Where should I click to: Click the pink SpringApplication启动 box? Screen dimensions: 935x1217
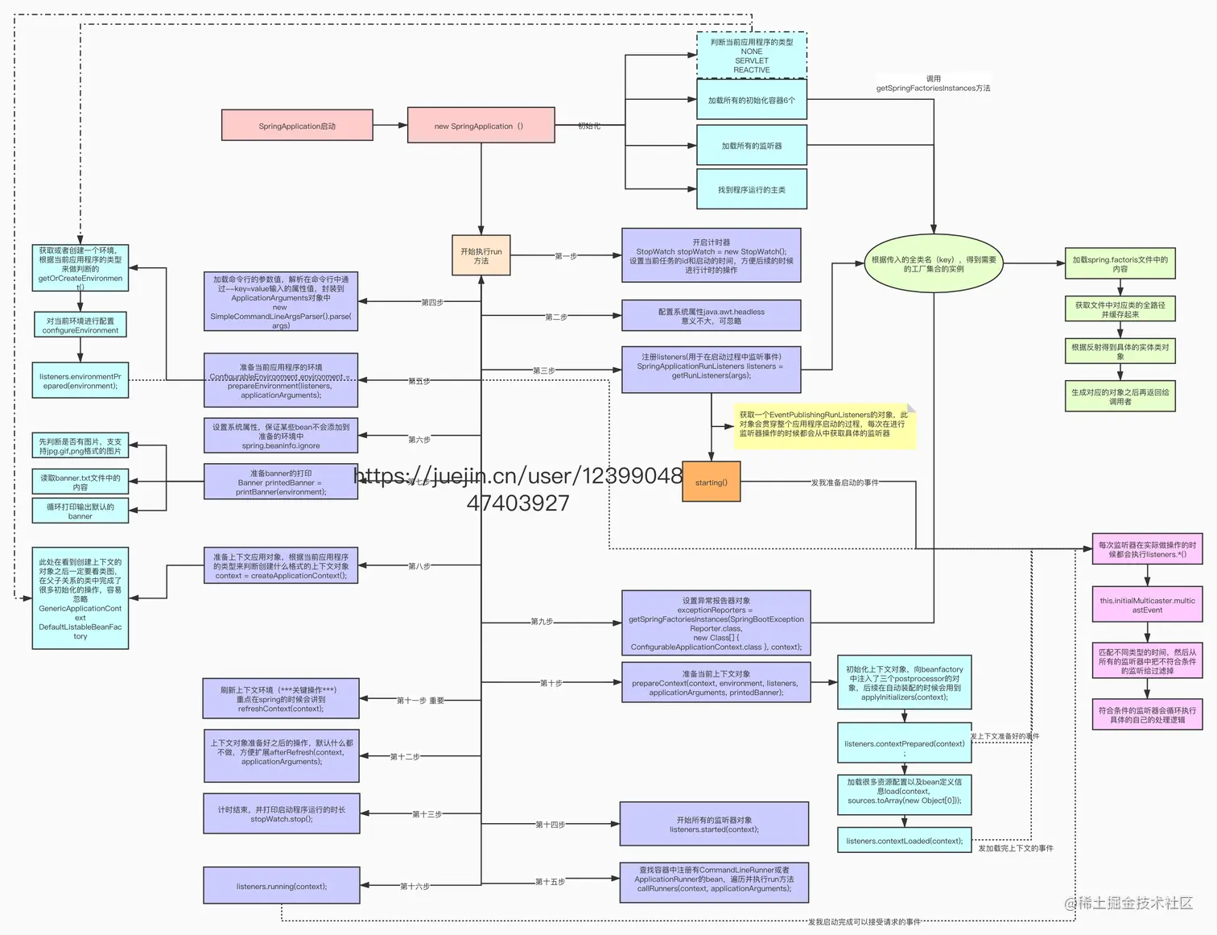pos(297,126)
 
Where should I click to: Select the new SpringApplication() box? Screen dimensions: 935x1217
pos(481,126)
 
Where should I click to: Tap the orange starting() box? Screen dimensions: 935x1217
pos(711,482)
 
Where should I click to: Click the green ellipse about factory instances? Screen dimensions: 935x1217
pos(934,264)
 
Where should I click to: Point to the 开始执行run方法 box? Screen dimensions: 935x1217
pos(481,256)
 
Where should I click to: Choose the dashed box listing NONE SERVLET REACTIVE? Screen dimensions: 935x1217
pos(751,56)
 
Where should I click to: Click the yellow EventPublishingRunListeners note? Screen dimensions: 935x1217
pos(823,424)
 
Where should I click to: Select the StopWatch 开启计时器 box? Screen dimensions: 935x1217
pos(711,256)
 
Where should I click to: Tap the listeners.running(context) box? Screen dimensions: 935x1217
pos(281,886)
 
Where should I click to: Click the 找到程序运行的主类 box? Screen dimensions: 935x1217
pos(751,189)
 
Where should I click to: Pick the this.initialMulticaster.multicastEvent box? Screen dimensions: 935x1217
pos(1147,605)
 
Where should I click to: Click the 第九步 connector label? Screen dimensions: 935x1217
pos(542,622)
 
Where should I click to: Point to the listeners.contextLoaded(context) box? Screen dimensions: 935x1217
pos(904,841)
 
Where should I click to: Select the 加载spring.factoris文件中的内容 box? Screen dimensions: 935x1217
pos(1120,264)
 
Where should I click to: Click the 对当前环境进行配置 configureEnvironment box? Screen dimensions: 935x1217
pos(80,325)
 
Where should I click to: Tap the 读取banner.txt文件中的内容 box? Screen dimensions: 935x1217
pos(80,482)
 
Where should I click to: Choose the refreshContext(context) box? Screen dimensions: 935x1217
pos(280,699)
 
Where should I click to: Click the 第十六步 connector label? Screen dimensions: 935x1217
pos(415,886)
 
